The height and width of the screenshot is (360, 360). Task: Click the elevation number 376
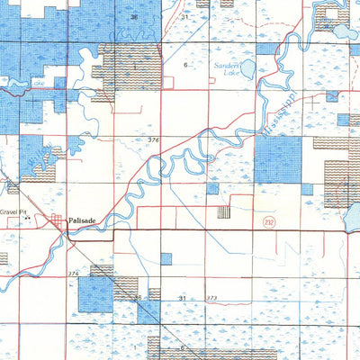pyautogui.click(x=153, y=139)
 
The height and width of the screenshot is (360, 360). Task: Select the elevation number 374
pyautogui.click(x=73, y=272)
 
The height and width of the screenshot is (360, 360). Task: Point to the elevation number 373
pyautogui.click(x=211, y=297)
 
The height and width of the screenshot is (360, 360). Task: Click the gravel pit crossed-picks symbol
pyautogui.click(x=28, y=218)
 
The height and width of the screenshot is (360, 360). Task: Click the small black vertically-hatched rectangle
pyautogui.click(x=223, y=212)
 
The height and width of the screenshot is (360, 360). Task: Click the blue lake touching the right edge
pyautogui.click(x=353, y=216)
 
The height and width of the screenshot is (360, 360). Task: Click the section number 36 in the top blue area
pyautogui.click(x=133, y=17)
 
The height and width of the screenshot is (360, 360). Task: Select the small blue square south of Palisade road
pyautogui.click(x=166, y=258)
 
